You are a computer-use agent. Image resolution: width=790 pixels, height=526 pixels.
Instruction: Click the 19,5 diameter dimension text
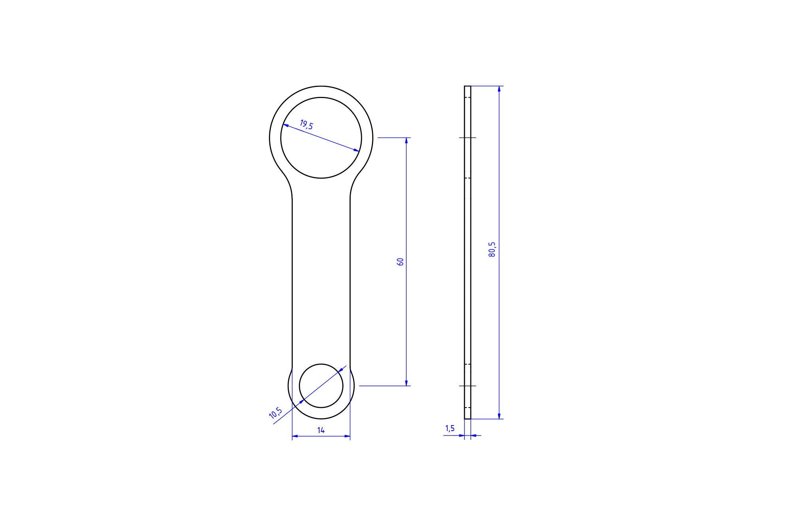click(306, 125)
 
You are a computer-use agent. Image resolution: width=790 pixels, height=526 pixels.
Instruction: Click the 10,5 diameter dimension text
click(276, 413)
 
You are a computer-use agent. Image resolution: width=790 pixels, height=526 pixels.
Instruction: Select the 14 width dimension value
click(321, 430)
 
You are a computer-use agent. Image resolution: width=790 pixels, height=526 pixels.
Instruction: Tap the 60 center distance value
click(401, 262)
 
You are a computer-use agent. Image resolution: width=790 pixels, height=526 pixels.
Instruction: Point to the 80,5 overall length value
click(492, 249)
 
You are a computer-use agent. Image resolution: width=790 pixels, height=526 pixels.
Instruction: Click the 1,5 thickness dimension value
click(450, 428)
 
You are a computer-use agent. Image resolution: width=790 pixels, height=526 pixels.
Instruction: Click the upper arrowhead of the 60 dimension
click(406, 140)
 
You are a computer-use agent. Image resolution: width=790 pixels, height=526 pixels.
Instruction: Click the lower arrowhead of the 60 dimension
click(406, 383)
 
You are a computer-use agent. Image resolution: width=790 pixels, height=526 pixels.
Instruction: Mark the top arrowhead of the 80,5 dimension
click(499, 89)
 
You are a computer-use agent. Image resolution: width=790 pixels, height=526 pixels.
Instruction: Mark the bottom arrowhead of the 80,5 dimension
click(499, 416)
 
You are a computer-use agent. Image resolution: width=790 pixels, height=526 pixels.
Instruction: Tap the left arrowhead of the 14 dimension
click(295, 436)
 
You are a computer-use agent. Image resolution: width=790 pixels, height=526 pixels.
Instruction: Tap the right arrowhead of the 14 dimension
click(347, 436)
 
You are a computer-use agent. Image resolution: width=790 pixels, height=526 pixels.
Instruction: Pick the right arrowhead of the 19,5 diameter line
click(356, 150)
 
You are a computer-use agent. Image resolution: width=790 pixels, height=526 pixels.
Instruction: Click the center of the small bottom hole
click(321, 386)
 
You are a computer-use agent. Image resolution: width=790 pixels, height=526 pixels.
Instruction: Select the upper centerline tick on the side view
click(467, 138)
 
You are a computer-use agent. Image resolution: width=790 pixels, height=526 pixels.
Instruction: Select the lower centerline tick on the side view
click(467, 386)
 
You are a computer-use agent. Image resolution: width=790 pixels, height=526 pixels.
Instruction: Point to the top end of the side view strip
click(467, 87)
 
